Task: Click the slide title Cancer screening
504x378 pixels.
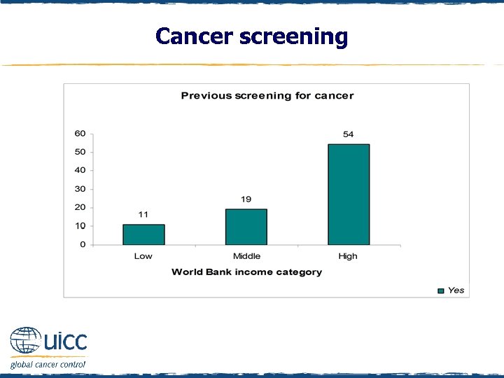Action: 251,36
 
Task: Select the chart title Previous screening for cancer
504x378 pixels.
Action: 267,96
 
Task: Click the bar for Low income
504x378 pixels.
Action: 143,234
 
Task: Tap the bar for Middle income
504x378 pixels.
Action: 246,227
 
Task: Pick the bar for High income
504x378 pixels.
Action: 349,195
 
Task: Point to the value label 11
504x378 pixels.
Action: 143,214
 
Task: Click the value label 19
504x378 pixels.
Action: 246,199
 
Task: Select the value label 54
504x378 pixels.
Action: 348,134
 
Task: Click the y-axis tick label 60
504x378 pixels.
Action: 80,134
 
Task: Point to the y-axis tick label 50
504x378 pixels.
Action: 80,152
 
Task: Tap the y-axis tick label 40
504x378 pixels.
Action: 80,170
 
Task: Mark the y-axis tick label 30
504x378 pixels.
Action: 80,189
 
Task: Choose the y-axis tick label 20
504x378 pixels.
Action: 80,207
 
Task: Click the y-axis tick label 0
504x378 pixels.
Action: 83,244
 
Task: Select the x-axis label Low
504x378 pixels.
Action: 143,256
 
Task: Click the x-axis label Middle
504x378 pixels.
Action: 246,256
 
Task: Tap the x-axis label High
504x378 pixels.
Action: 348,256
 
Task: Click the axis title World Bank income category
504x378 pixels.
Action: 246,272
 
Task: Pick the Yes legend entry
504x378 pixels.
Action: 451,290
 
